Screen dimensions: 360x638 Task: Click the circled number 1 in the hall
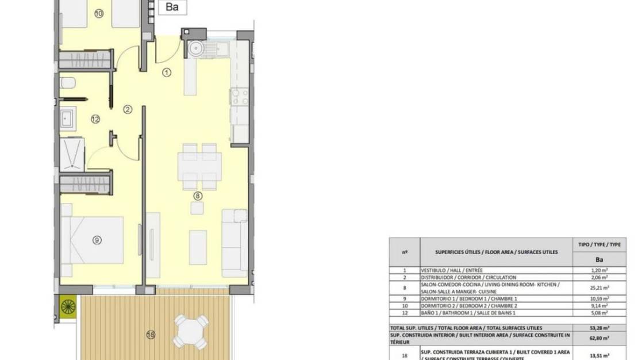click(x=167, y=72)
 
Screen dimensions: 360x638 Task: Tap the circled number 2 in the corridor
click(x=128, y=109)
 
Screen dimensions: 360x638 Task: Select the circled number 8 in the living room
click(x=198, y=196)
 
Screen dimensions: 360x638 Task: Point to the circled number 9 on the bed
click(x=97, y=240)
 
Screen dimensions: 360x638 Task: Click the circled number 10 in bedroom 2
click(x=98, y=14)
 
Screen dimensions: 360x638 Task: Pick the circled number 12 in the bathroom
click(x=95, y=119)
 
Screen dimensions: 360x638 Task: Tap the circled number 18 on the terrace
click(x=151, y=335)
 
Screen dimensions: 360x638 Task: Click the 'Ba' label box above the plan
click(x=172, y=7)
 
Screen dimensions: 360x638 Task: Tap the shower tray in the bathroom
click(x=74, y=154)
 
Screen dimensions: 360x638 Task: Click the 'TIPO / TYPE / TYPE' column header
click(x=598, y=244)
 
